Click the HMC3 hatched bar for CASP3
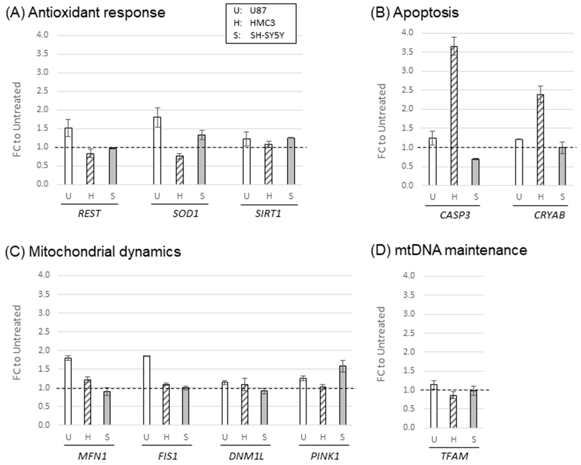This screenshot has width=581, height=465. (454, 116)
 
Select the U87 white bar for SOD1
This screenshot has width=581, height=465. (157, 151)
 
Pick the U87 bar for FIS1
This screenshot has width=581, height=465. (147, 390)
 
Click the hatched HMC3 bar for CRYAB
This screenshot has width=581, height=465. (540, 140)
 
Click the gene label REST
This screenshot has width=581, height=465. (89, 214)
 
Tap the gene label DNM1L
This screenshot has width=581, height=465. (246, 456)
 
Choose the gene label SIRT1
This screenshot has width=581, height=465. (268, 214)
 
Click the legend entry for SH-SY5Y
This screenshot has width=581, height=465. (267, 35)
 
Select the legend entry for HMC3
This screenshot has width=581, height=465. (262, 23)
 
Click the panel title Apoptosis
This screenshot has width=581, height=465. (425, 12)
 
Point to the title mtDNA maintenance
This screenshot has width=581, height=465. (461, 250)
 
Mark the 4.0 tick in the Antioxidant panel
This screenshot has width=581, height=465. (42, 35)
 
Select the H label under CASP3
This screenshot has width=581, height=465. (454, 197)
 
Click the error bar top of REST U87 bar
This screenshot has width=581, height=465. (68, 120)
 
